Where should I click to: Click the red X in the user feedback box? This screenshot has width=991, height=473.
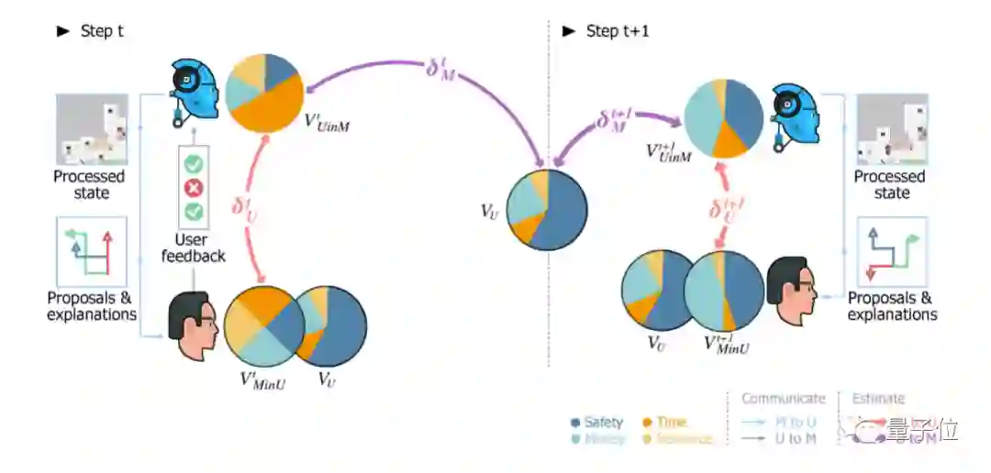194,189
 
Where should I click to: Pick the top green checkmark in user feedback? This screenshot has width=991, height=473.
194,165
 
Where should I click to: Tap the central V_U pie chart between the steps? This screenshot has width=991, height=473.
547,209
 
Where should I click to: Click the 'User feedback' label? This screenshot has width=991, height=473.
194,247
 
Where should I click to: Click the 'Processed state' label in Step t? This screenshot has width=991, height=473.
89,184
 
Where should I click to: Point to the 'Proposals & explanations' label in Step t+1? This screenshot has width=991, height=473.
892,306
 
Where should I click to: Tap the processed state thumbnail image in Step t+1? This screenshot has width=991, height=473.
891,129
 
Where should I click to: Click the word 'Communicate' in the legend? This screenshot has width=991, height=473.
783,399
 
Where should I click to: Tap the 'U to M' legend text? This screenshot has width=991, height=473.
796,439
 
